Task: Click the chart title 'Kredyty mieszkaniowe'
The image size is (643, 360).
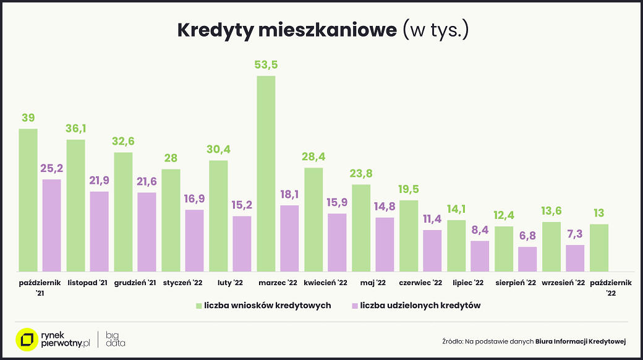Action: [287, 30]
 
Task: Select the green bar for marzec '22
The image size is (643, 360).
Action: [266, 173]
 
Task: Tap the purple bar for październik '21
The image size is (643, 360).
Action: [51, 225]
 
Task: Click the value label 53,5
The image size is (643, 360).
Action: [266, 64]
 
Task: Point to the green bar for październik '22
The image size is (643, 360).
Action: [599, 247]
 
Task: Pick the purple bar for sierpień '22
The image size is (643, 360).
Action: [527, 259]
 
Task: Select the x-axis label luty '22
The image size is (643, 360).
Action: [230, 283]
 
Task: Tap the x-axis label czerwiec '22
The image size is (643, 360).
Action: [420, 283]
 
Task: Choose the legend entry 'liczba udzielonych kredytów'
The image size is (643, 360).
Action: [420, 306]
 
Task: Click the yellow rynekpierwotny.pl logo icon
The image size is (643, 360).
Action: [26, 339]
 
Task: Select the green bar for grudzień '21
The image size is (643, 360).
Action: [123, 212]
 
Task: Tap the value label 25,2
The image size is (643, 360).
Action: [51, 168]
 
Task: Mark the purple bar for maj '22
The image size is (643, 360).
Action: [385, 244]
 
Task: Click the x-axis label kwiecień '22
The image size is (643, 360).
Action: [325, 283]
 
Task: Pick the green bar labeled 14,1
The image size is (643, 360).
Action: [456, 246]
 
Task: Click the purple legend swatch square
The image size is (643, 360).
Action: [354, 306]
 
